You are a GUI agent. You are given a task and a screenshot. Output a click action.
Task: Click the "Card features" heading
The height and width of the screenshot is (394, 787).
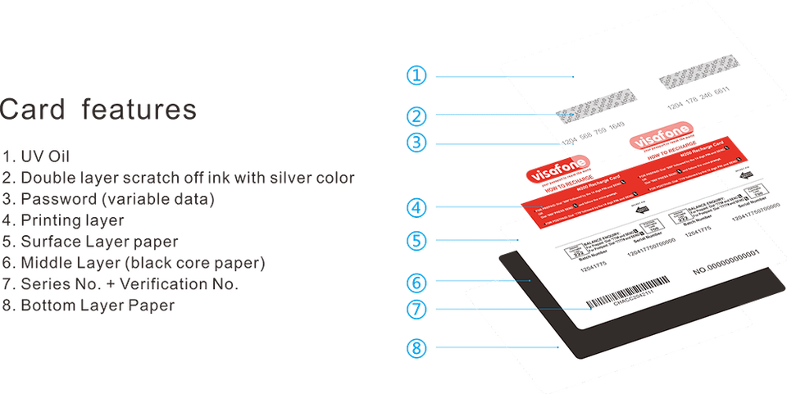99,109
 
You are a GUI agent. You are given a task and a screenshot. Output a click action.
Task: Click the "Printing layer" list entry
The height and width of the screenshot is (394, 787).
63,220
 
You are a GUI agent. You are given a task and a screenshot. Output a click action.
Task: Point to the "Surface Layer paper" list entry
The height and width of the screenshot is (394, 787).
90,242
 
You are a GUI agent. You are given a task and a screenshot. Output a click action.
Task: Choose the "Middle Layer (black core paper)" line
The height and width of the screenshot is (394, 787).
134,264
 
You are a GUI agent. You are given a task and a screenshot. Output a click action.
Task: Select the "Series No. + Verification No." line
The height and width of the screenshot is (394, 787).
120,285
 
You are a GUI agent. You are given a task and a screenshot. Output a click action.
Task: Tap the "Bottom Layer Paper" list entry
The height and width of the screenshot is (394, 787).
89,306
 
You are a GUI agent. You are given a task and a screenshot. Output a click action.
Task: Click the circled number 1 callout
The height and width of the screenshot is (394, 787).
416,75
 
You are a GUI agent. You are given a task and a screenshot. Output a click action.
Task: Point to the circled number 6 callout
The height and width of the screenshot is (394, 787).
416,283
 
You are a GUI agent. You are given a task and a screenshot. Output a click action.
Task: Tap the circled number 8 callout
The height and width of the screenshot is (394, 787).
416,349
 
